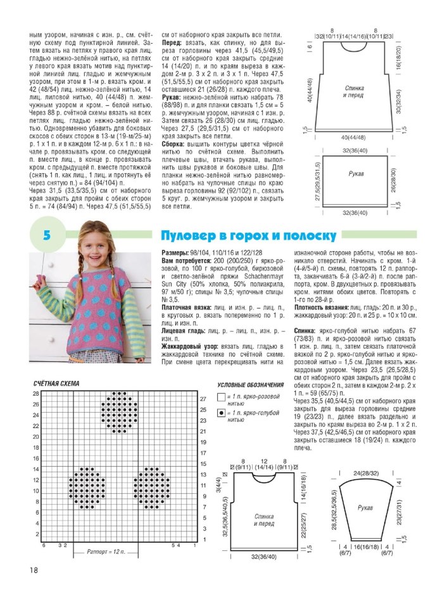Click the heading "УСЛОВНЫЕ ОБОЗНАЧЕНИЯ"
(250, 385)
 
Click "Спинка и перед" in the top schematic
(355, 91)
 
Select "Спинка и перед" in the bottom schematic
(265, 520)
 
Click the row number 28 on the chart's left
(36, 394)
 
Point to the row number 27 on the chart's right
(203, 399)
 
